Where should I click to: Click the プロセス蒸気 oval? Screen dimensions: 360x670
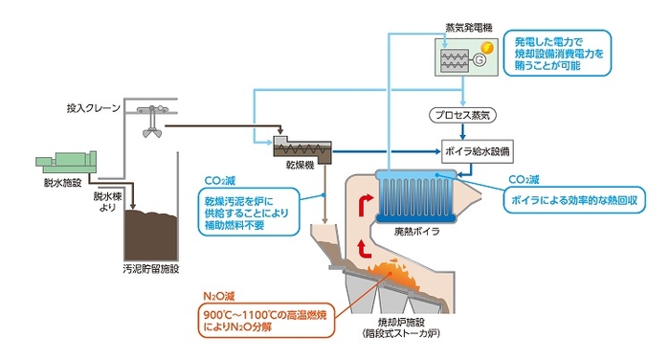tap(463, 116)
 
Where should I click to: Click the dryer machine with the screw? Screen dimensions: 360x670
tap(303, 147)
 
